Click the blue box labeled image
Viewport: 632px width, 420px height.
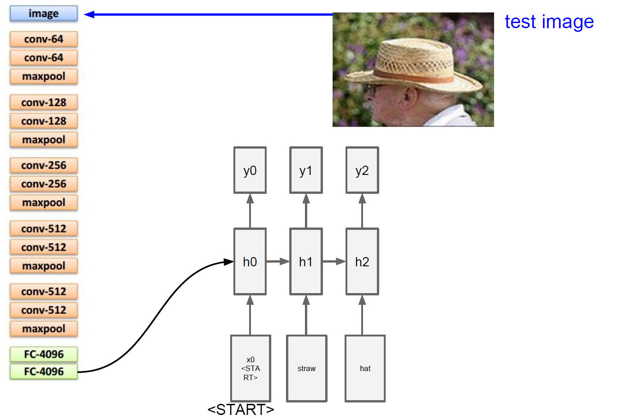click(x=44, y=13)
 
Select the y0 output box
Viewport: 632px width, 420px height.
click(x=250, y=170)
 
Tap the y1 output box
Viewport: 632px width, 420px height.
click(x=306, y=170)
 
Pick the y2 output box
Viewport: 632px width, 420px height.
click(x=362, y=170)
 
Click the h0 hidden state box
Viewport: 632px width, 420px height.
click(x=250, y=262)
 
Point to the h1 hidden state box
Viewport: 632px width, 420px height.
click(x=306, y=262)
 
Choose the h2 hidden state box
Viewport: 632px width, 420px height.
click(x=362, y=262)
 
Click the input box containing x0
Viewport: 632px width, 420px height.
click(x=250, y=368)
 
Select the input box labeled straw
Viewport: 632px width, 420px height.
click(x=307, y=368)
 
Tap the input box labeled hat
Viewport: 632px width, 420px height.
click(x=365, y=368)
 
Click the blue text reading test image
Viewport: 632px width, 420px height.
click(x=549, y=22)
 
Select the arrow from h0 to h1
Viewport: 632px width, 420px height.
click(x=278, y=262)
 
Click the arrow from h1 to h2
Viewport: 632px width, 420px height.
click(x=334, y=262)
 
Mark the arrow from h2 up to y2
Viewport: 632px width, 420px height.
click(x=362, y=210)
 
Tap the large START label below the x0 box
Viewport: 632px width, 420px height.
click(x=241, y=409)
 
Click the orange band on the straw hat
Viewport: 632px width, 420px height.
click(x=415, y=76)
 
